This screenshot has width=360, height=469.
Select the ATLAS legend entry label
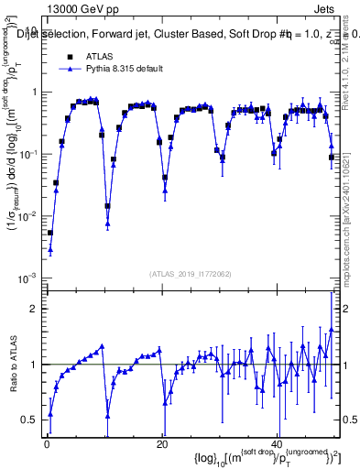pos(101,56)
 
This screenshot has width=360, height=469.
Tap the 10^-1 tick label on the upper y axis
pos(30,153)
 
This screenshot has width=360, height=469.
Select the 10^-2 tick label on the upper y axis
pos(30,215)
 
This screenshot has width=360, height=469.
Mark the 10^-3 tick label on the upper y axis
pos(30,277)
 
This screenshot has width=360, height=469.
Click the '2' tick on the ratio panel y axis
pos(35,309)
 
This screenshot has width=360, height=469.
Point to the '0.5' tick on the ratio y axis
pos(30,419)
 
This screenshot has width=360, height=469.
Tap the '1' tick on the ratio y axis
pos(35,364)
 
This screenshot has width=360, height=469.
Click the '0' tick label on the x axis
pos(47,443)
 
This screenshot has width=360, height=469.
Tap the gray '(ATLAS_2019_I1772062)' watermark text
pos(191,274)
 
